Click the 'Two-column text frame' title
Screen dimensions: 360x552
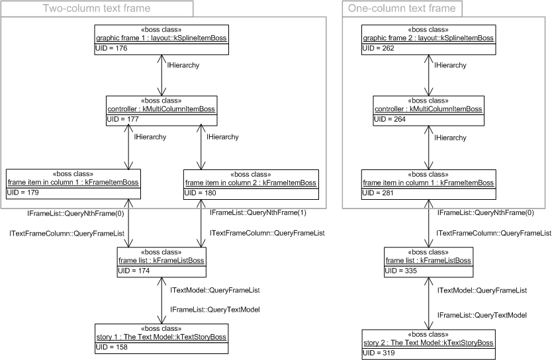pos(97,9)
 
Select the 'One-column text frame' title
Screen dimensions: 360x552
pos(402,9)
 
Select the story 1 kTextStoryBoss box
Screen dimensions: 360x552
pos(161,337)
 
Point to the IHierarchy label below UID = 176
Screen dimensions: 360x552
pos(184,66)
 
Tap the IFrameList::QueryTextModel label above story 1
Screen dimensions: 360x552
pos(214,310)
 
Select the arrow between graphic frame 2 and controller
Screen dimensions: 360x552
pos(428,74)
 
